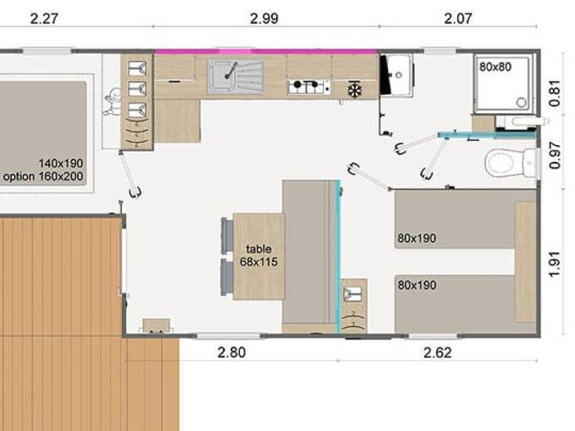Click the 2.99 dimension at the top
click(x=264, y=19)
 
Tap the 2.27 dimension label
click(x=44, y=19)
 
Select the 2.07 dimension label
click(x=458, y=19)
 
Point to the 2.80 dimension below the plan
click(x=231, y=352)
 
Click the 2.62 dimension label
click(x=438, y=352)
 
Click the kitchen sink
click(x=235, y=76)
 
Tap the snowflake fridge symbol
click(x=355, y=90)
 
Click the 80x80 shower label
click(x=495, y=66)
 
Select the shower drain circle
click(x=521, y=102)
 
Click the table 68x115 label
click(x=259, y=255)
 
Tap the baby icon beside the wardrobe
click(x=112, y=102)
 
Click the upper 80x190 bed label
click(x=417, y=238)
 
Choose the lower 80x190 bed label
click(x=417, y=285)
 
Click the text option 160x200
click(x=43, y=176)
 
